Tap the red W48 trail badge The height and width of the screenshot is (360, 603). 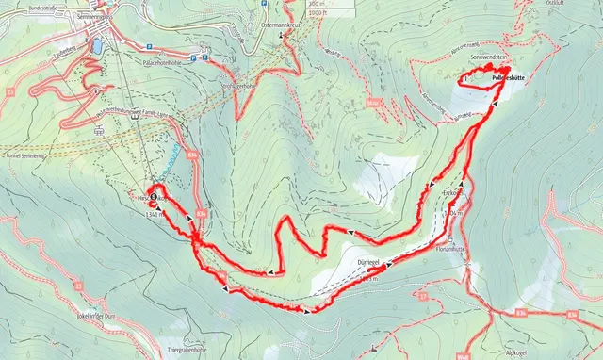462,357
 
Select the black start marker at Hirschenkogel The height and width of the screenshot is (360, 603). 154,196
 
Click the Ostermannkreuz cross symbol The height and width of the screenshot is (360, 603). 281,34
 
